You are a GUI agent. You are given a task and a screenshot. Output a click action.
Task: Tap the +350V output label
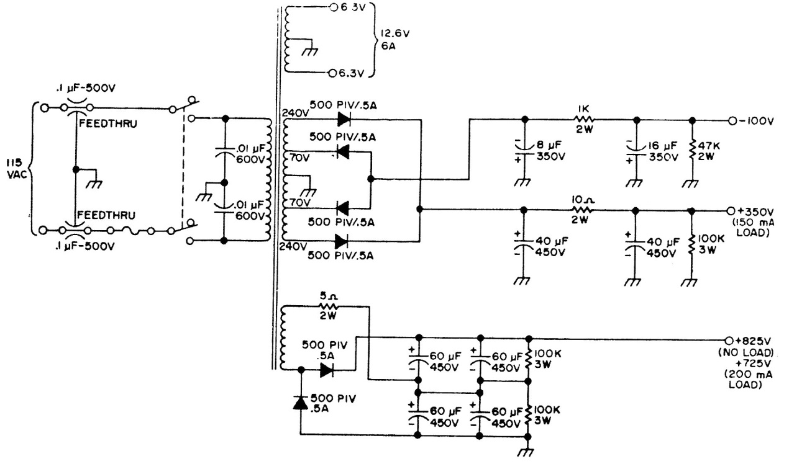755,210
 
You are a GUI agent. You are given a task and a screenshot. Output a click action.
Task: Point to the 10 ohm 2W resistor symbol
581,210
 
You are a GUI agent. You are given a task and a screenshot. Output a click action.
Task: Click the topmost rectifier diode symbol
342,120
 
